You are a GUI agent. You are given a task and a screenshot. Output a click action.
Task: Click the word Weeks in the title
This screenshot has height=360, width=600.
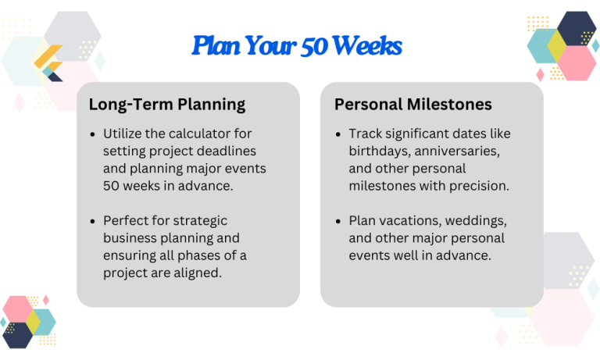tap(366, 47)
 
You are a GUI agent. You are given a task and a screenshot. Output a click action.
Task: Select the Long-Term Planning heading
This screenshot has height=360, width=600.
tap(167, 105)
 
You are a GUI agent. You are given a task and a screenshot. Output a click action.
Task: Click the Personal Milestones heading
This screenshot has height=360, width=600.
tap(414, 105)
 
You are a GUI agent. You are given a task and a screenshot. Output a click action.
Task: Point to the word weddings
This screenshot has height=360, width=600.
tap(478, 221)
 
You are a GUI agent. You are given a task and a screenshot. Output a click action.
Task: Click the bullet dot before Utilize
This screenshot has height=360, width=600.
tap(94, 134)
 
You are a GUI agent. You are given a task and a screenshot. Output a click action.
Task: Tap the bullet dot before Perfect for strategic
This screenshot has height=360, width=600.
tap(94, 221)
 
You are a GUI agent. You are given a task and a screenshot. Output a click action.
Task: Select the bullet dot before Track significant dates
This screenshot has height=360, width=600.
tap(338, 134)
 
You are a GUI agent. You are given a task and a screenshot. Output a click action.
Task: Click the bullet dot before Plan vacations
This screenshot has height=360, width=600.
tap(338, 221)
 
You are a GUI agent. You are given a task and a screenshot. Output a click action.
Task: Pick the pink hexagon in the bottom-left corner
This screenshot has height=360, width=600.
tap(18, 310)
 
